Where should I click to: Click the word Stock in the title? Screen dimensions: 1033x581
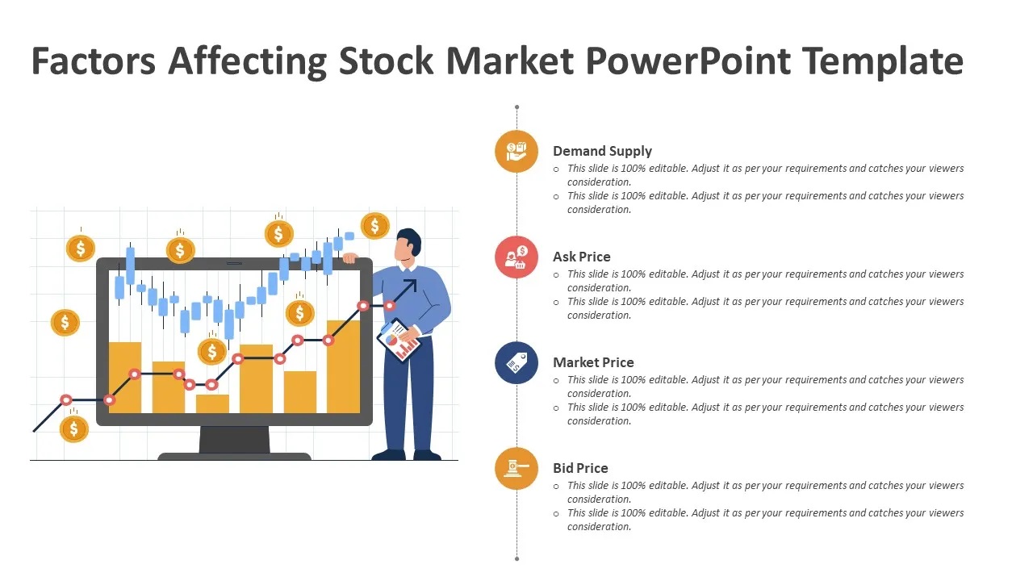point(386,61)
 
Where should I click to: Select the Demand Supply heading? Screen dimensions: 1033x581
point(602,151)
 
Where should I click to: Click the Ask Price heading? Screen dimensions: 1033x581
point(582,257)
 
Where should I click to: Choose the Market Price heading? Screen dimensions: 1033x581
point(593,362)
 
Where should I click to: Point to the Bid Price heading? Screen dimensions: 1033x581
point(580,468)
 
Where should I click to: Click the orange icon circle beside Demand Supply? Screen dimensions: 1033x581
point(516,151)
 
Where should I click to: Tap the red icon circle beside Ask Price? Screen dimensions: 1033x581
point(516,257)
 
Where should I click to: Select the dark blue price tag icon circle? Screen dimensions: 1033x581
point(516,363)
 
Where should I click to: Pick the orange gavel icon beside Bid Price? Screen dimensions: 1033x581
point(516,469)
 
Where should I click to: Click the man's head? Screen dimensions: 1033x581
point(408,245)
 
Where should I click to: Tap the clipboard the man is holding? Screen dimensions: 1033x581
point(399,340)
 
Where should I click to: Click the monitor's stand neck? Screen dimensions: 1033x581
point(234,439)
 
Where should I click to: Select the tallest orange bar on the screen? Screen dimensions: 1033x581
point(344,366)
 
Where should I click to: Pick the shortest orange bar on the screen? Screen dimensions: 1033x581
point(212,403)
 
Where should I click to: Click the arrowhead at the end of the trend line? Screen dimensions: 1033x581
point(411,285)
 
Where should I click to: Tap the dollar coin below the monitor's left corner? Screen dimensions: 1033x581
point(73,428)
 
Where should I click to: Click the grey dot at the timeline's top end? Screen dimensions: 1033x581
point(517,107)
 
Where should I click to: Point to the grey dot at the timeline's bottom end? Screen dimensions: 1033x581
point(517,559)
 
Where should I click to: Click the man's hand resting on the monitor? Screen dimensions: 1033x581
point(350,257)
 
